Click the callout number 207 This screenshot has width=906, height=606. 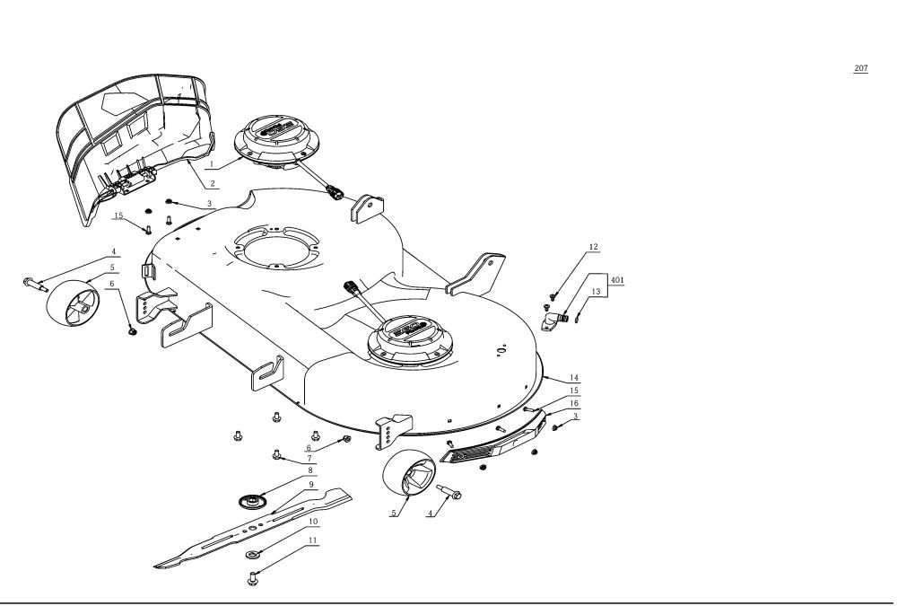pyautogui.click(x=860, y=68)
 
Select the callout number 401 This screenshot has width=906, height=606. pyautogui.click(x=617, y=279)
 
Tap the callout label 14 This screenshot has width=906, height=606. pyautogui.click(x=573, y=378)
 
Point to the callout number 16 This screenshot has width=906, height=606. pyautogui.click(x=573, y=403)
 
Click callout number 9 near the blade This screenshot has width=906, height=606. pyautogui.click(x=311, y=483)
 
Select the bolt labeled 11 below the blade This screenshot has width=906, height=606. pyautogui.click(x=253, y=577)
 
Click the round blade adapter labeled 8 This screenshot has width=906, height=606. pyautogui.click(x=252, y=498)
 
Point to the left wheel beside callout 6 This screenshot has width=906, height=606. pyautogui.click(x=72, y=301)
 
